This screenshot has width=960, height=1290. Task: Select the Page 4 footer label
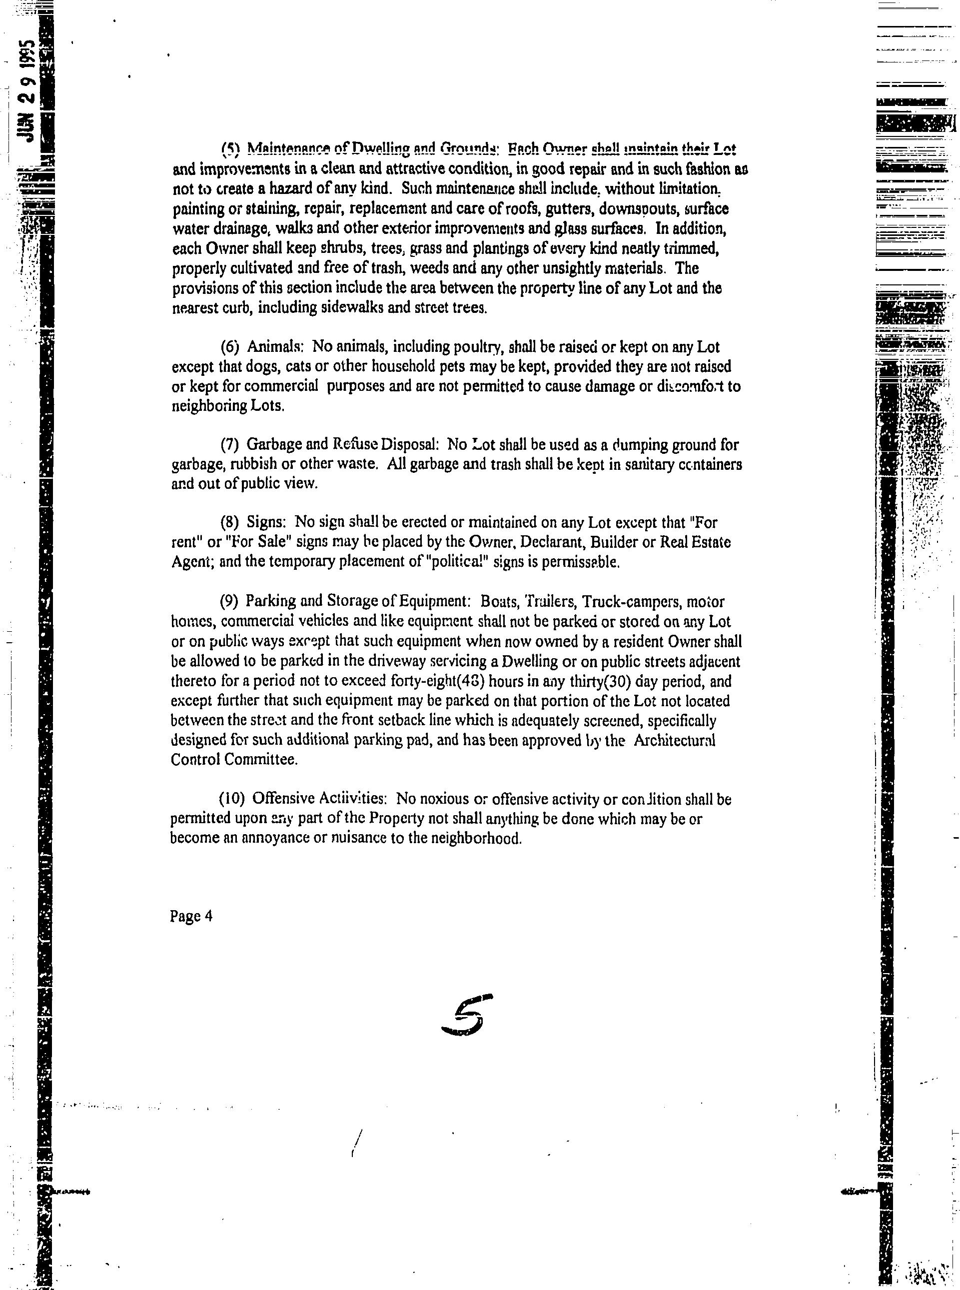click(x=191, y=916)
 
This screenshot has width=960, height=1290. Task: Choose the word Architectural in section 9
click(x=674, y=740)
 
